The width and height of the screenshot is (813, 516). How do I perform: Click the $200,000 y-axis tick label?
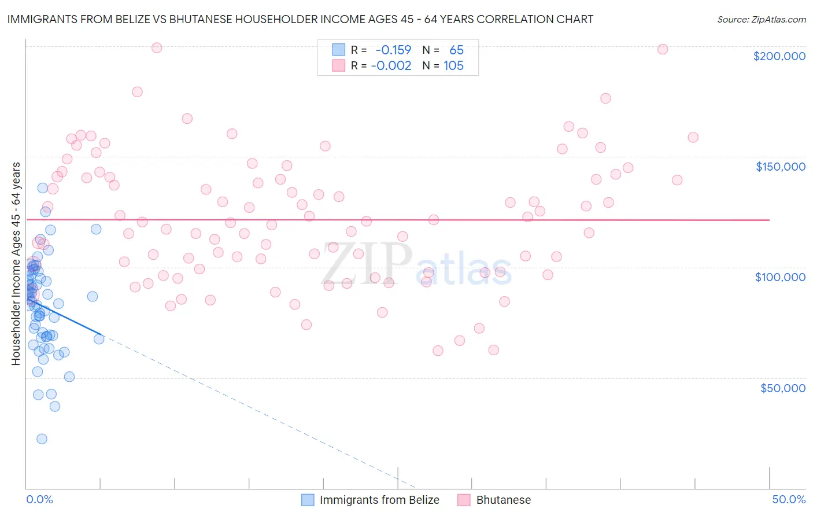[x=779, y=56]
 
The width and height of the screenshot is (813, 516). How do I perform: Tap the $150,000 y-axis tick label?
[x=780, y=167]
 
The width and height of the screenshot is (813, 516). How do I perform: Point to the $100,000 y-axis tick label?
[x=780, y=277]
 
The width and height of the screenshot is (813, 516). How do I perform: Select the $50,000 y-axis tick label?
[x=782, y=388]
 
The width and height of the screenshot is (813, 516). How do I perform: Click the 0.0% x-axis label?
[x=39, y=499]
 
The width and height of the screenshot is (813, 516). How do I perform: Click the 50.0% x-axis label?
[x=789, y=499]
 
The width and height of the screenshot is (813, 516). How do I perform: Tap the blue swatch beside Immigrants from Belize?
[x=308, y=500]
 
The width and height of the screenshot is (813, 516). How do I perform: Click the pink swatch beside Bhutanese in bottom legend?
[x=464, y=500]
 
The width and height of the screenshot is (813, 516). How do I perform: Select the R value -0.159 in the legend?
[x=393, y=50]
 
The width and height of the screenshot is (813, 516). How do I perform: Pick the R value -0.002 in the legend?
[x=391, y=66]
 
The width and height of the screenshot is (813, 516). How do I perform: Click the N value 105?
[x=453, y=66]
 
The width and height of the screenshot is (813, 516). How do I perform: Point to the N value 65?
[x=456, y=50]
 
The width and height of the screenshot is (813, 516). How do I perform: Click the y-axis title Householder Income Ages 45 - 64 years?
[x=16, y=264]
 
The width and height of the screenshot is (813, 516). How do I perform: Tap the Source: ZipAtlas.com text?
[x=761, y=20]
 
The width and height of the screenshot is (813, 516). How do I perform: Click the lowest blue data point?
[x=42, y=438]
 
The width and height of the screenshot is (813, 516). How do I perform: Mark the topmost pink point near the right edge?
[x=663, y=49]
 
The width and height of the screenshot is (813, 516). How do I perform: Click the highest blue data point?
[x=42, y=188]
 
